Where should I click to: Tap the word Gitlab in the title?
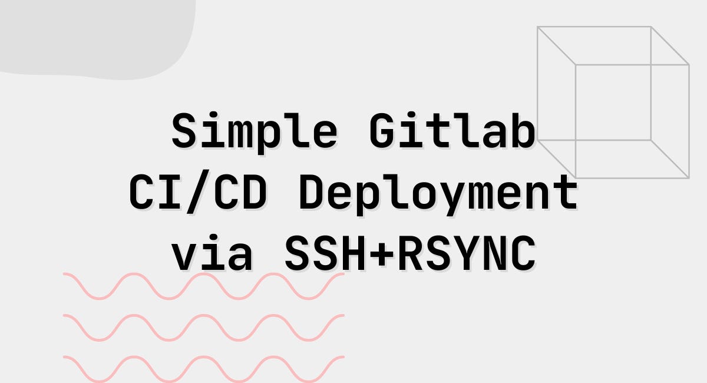pos(452,131)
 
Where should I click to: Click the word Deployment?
pos(438,193)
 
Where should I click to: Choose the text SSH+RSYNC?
pos(410,255)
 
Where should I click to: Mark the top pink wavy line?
pos(203,286)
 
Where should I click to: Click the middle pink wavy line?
pos(203,327)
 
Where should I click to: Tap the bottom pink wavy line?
pos(203,368)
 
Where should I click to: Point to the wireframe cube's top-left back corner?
pos(538,27)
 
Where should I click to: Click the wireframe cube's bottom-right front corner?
pos(688,177)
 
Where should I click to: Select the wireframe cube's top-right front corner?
pos(688,64)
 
